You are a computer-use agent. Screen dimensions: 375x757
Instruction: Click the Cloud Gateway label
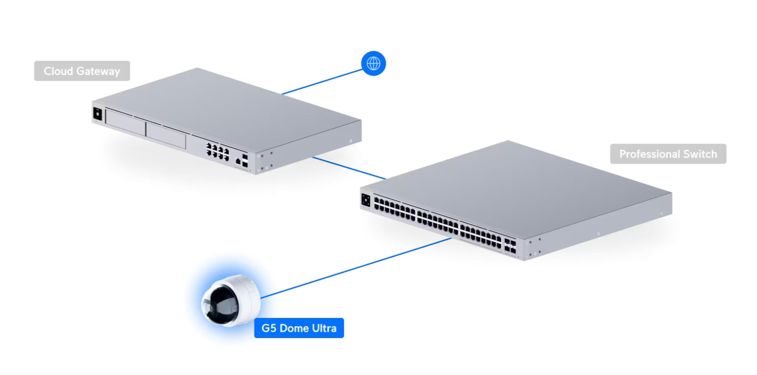(82, 71)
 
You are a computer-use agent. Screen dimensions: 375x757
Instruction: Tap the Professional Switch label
(668, 154)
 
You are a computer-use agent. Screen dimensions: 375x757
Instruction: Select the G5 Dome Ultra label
(299, 328)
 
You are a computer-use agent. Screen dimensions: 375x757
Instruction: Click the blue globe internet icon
(373, 64)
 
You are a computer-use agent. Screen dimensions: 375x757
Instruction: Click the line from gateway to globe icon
(322, 82)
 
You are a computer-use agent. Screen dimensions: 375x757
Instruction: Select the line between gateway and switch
(348, 168)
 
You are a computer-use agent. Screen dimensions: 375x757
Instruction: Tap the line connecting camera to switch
(356, 268)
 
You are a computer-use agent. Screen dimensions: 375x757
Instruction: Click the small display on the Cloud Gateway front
(97, 114)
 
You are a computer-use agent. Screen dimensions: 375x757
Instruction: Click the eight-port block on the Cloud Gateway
(218, 152)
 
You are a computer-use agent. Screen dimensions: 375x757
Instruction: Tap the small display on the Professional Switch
(366, 200)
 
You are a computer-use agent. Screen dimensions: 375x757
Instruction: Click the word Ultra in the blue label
(324, 328)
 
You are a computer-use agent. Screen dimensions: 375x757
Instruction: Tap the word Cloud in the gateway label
(58, 71)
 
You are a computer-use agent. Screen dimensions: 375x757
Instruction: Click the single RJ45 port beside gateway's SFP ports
(238, 162)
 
